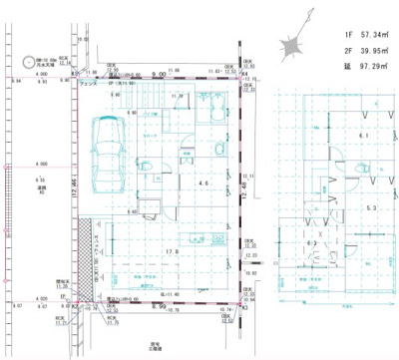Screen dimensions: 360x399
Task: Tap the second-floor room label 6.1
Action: tap(365, 137)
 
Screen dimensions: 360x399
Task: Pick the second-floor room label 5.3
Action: tap(370, 208)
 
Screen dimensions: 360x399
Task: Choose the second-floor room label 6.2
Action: tap(311, 242)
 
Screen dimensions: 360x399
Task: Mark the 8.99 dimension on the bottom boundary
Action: tap(160, 307)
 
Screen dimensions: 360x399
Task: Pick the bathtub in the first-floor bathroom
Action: tap(212, 109)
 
